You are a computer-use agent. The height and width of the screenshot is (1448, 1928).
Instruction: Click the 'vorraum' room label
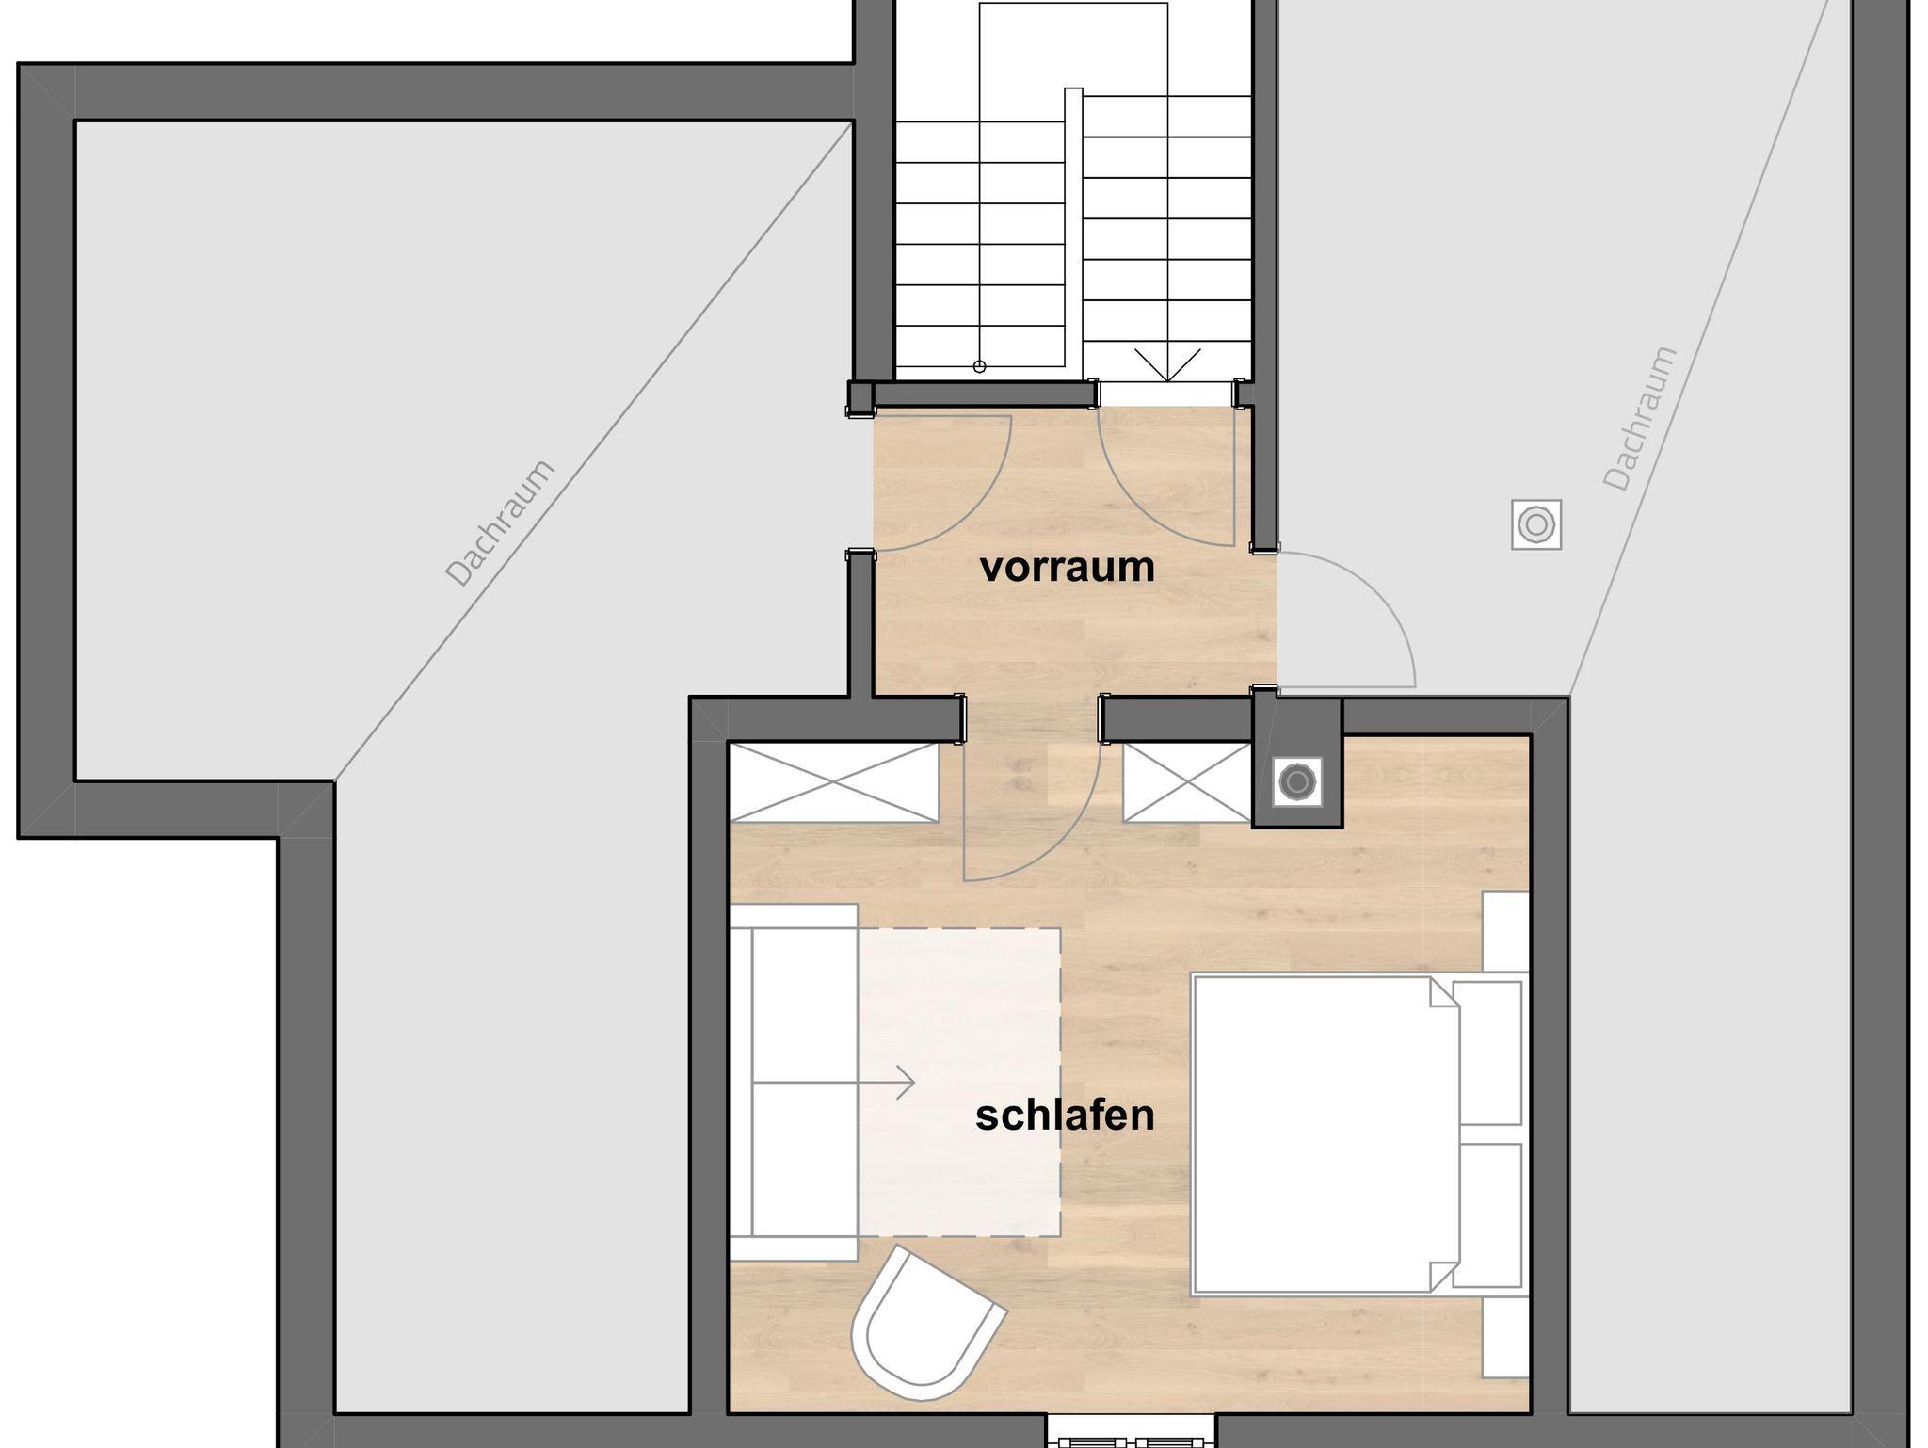point(1067,568)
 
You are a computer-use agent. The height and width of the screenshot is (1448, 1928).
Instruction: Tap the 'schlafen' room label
point(1065,1116)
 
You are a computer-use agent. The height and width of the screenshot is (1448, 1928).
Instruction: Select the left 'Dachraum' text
point(500,523)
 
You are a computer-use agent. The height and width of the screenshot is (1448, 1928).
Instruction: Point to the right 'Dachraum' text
point(1640,419)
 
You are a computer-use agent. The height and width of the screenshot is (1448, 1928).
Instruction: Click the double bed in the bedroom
point(1356,1134)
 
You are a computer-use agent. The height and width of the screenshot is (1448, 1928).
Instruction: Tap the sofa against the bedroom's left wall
point(794,1083)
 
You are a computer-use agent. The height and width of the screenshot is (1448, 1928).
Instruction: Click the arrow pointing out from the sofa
point(834,1083)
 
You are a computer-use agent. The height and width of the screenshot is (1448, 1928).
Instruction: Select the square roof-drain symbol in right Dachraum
point(1536,524)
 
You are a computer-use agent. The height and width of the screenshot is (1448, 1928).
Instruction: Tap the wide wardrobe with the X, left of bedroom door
point(834,782)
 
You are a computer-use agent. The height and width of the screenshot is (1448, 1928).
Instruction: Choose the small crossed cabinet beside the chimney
point(1187,782)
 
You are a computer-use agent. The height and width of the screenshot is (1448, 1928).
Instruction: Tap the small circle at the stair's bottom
point(979,366)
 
